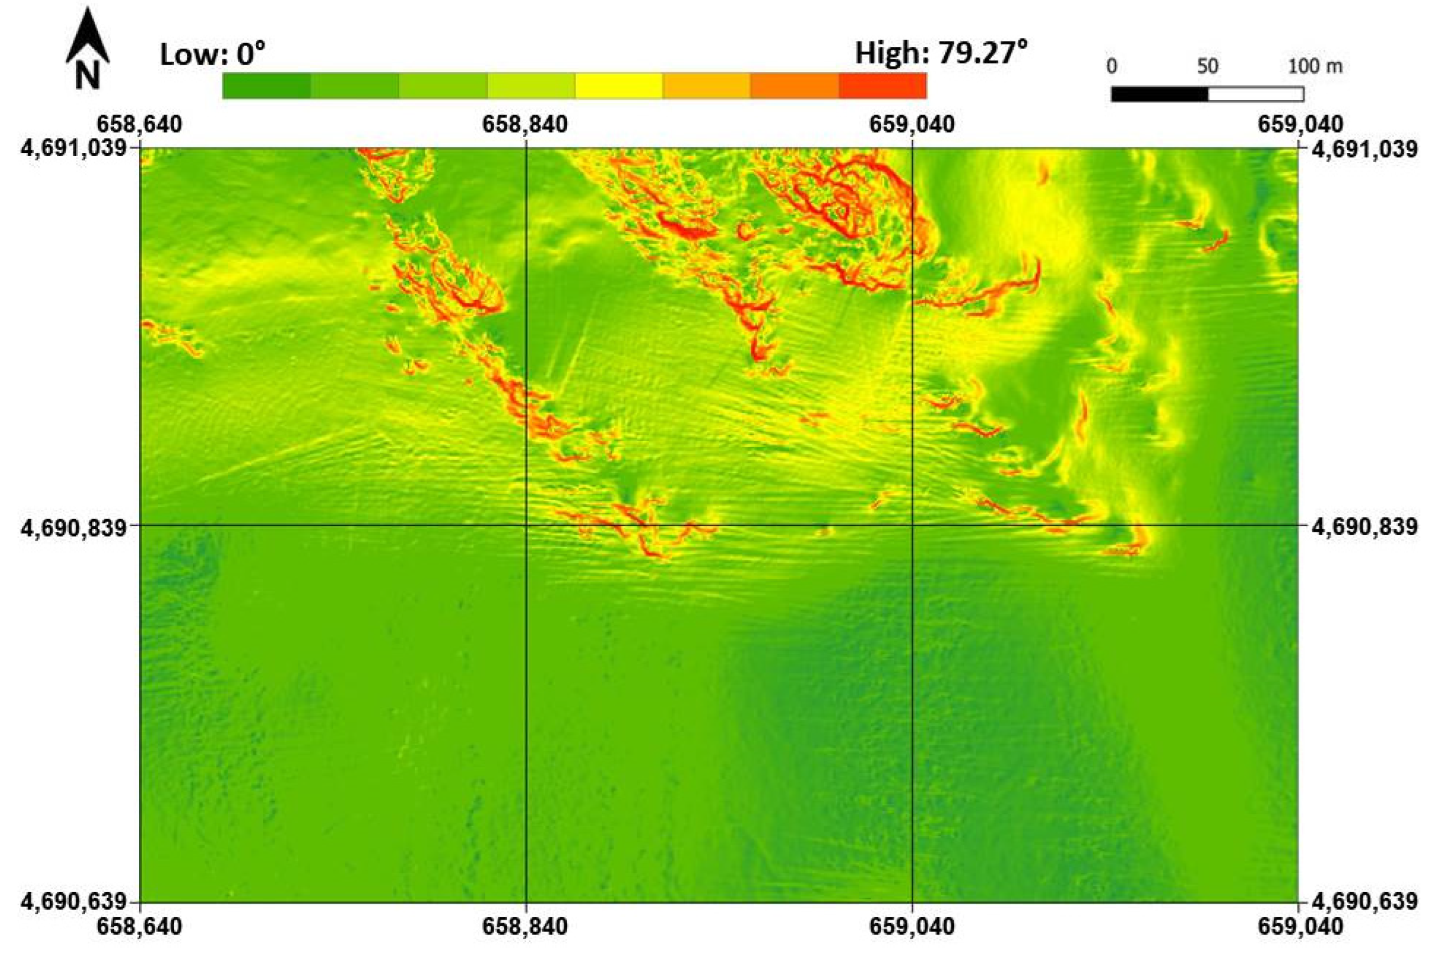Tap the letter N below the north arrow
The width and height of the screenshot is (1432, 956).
87,76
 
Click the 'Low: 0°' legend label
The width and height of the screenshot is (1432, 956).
212,55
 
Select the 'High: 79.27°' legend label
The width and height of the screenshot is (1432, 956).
941,53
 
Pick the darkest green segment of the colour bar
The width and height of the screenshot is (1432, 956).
267,85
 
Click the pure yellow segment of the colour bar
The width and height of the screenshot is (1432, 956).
618,85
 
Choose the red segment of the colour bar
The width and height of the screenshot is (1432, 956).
883,85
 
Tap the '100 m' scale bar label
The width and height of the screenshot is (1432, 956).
1315,66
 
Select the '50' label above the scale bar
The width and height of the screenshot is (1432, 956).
1207,66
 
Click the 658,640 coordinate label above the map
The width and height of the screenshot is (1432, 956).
140,124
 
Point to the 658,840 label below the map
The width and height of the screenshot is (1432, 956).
525,927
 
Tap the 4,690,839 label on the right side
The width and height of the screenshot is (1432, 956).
1365,525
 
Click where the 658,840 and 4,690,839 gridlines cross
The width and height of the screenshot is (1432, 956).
526,525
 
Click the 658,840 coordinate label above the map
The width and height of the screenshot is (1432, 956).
525,124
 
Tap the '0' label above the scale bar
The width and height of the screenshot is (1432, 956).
1112,66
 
